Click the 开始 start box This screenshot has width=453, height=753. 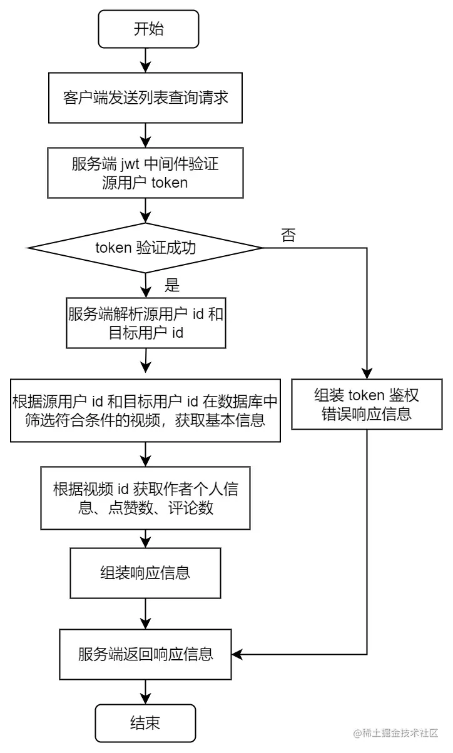[148, 29]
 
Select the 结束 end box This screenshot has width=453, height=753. [145, 723]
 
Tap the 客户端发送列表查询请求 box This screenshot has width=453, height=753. [145, 98]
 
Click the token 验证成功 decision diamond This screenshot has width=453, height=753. [145, 248]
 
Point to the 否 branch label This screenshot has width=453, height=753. [288, 235]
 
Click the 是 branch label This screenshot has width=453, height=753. [172, 285]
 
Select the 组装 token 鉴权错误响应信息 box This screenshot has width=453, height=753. [367, 404]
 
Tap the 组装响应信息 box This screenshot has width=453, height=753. [145, 573]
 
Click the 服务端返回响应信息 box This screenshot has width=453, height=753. [145, 655]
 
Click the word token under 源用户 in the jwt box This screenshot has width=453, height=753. [170, 183]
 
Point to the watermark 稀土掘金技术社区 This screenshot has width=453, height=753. [396, 733]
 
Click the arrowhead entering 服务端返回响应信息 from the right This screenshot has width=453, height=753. [237, 654]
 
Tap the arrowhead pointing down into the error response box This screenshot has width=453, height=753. [367, 374]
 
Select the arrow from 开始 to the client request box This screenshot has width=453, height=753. [145, 61]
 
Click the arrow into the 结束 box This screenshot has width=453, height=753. [145, 692]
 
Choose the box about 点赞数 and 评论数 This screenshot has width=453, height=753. [145, 498]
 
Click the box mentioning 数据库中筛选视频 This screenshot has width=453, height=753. [145, 410]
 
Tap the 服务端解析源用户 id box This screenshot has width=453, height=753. [146, 323]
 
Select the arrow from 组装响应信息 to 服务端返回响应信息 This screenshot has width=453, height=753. [145, 614]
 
